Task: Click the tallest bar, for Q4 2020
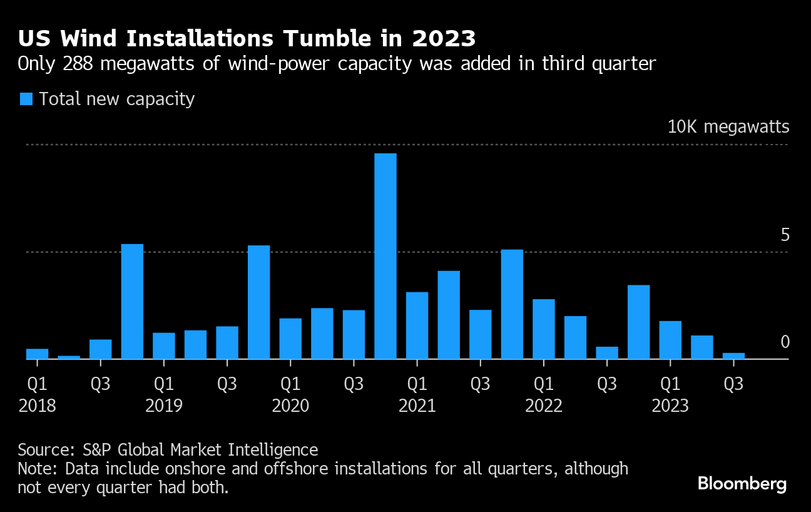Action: click(x=385, y=256)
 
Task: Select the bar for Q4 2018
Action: click(x=132, y=301)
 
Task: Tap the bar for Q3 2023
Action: click(x=733, y=356)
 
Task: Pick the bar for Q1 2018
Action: click(x=37, y=354)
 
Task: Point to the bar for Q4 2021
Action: click(x=512, y=304)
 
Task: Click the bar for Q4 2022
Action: click(x=638, y=322)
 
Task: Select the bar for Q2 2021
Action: click(x=449, y=315)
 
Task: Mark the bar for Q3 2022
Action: click(x=607, y=352)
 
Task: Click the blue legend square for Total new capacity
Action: click(x=26, y=99)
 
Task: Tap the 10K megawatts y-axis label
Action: click(x=728, y=127)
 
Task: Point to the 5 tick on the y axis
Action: click(x=785, y=235)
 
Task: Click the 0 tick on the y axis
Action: click(x=785, y=342)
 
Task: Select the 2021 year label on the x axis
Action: click(x=417, y=406)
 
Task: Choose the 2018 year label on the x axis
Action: click(x=38, y=406)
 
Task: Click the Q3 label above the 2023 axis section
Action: click(x=733, y=383)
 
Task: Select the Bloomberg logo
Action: click(x=742, y=483)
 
